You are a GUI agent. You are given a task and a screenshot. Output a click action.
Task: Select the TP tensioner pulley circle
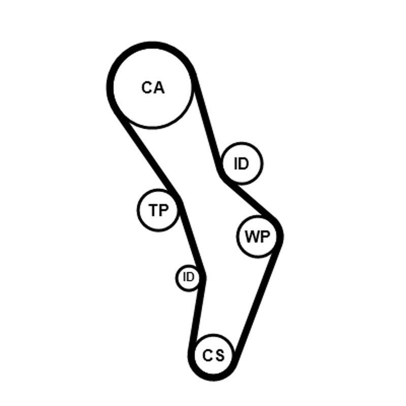pos(159,209)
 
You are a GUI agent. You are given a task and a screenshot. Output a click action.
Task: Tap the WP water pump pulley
pos(258,236)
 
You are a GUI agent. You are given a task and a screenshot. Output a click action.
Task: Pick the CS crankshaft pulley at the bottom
pos(214,355)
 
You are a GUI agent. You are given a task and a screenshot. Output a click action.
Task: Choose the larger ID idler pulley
pos(242,163)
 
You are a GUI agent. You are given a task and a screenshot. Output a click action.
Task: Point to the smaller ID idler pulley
pos(188,277)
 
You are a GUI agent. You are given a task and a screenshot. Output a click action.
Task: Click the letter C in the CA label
pos(147,88)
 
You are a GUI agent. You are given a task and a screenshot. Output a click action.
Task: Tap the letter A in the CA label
pos(159,88)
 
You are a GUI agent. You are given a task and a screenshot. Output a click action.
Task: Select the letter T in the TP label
pos(154,210)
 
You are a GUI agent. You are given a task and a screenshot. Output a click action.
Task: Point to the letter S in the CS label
pos(219,356)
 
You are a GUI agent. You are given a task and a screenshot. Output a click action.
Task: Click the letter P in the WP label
pos(265,236)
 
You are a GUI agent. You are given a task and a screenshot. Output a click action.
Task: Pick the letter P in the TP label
pos(164,210)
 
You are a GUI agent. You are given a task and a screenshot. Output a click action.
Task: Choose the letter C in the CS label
pos(208,356)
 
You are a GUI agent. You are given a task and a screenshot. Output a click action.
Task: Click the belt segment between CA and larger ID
pos(208,124)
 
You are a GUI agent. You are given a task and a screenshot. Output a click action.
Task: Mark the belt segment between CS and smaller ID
pos(197,315)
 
